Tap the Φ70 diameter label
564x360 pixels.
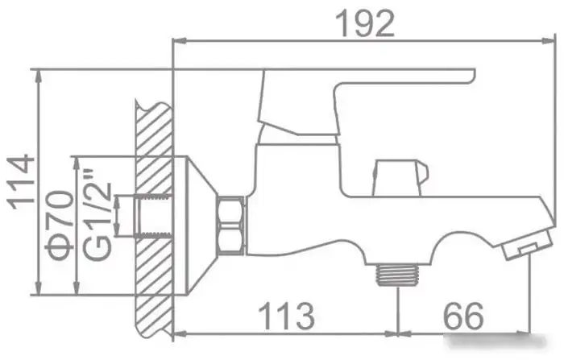pyautogui.click(x=60, y=225)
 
